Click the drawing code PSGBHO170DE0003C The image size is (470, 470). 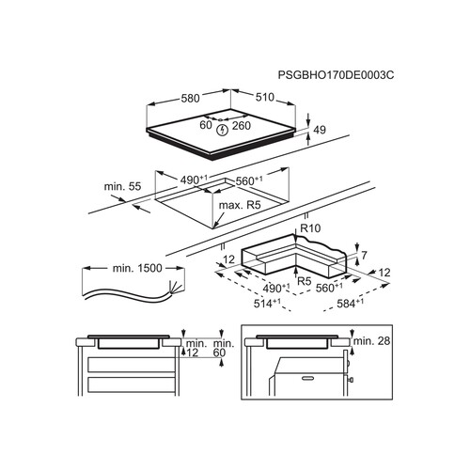click(336, 75)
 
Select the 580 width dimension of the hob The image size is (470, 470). click(190, 99)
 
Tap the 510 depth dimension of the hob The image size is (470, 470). click(265, 97)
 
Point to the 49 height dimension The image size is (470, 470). click(320, 130)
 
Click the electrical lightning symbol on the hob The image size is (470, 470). click(223, 130)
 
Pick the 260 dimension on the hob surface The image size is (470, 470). click(242, 126)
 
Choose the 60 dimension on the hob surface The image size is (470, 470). click(206, 125)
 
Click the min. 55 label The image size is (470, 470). click(122, 186)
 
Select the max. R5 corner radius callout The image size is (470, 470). click(240, 205)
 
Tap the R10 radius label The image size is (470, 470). click(310, 228)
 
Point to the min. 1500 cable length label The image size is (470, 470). click(137, 268)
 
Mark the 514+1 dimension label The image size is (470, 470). click(267, 304)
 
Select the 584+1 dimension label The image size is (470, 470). click(351, 304)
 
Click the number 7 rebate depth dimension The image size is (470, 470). click(364, 256)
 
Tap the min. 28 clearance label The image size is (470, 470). click(371, 341)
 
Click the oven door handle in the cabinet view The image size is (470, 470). click(308, 378)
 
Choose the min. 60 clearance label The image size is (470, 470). click(224, 348)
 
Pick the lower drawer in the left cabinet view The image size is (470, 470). click(131, 384)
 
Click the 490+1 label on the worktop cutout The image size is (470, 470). click(194, 180)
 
